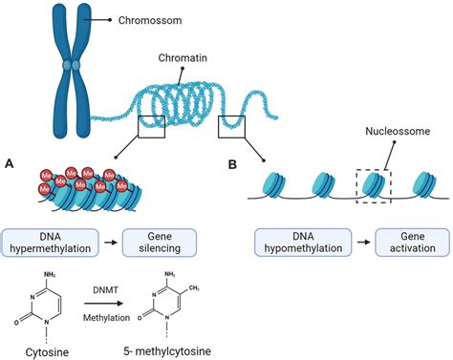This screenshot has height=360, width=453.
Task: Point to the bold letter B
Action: click(x=232, y=163)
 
